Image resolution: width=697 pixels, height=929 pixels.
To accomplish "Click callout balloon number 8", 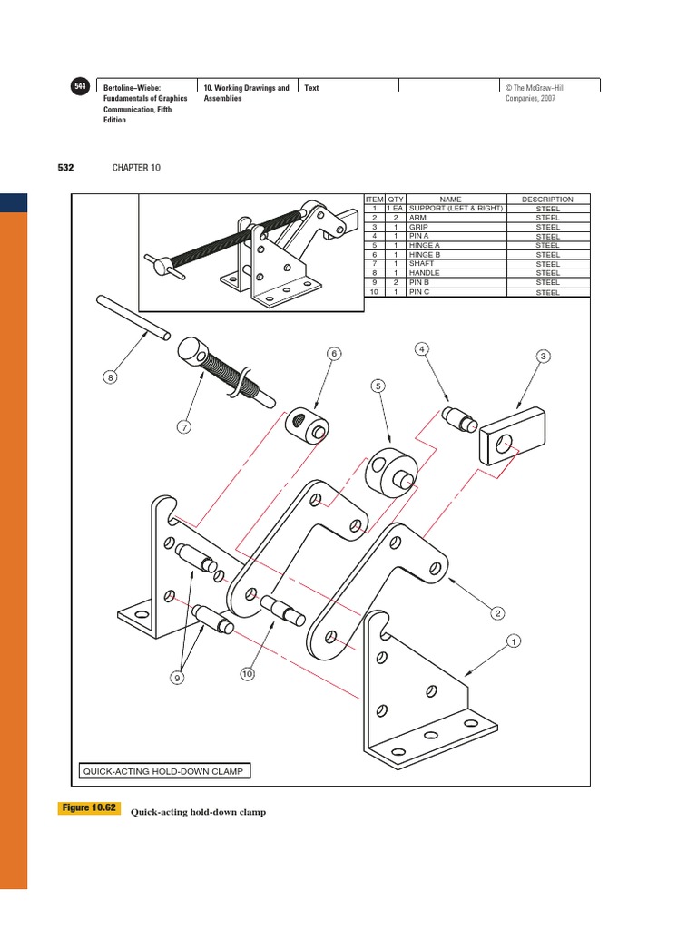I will (111, 378).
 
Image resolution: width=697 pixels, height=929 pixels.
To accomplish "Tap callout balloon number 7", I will (185, 426).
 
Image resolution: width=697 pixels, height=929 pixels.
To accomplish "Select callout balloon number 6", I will (334, 353).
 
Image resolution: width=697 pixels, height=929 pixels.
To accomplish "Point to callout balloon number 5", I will (378, 386).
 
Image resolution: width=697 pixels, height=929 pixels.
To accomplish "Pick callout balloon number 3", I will (543, 357).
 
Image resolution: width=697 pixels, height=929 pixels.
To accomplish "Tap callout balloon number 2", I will (497, 614).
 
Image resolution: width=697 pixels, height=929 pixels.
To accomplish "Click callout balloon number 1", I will (514, 642).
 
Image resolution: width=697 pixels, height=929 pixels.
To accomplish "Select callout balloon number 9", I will (178, 677).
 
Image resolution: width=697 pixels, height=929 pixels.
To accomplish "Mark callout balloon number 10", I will (246, 673).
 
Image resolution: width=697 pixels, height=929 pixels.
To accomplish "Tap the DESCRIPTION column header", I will (547, 200).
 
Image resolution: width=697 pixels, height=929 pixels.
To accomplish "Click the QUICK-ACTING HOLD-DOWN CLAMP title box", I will (163, 771).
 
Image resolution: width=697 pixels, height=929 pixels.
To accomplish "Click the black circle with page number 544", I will (79, 86).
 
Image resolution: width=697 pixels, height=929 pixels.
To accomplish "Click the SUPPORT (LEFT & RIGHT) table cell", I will (456, 209).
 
